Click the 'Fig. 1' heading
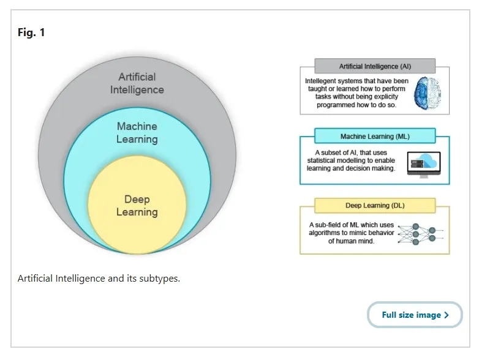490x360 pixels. [31, 32]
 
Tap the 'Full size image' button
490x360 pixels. [415, 315]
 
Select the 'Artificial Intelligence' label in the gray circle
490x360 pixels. [137, 83]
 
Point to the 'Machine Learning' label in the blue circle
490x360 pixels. [137, 132]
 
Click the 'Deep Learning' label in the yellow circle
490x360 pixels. [137, 206]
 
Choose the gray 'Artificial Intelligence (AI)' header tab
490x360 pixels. [374, 66]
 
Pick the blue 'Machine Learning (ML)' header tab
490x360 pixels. [374, 136]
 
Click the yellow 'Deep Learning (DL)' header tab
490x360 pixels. [374, 205]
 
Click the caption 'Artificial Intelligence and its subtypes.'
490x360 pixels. [99, 279]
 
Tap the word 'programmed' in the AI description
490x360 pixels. [337, 105]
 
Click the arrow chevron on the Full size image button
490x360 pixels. [447, 315]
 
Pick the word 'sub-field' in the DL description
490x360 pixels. [331, 224]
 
